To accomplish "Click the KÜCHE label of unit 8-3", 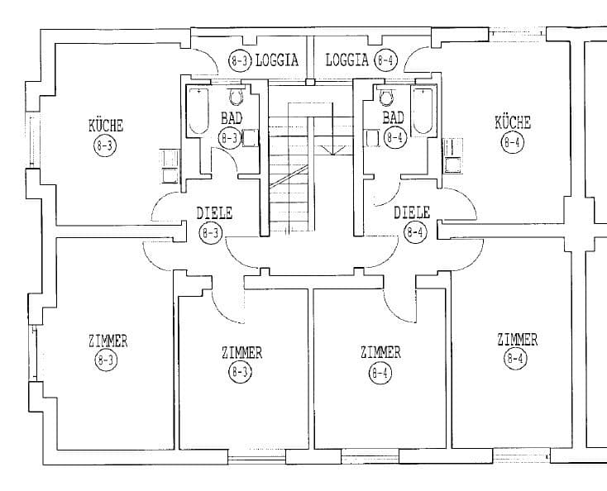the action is (106, 126).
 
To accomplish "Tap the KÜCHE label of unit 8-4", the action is (513, 122).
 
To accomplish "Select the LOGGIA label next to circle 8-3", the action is (277, 60).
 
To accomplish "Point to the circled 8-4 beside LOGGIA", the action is (385, 60).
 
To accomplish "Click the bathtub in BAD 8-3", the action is (198, 111).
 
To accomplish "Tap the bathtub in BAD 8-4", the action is (423, 111).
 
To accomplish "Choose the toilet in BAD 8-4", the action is (386, 97).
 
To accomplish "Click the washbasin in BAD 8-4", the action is (372, 138).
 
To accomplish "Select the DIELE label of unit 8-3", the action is (214, 213).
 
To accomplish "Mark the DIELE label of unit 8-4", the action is (412, 212).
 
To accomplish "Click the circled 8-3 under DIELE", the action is (211, 232).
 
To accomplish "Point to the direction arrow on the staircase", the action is (332, 149).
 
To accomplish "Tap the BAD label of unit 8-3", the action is (232, 117).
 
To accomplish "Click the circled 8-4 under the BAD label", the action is (394, 137).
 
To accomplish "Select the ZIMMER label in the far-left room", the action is (108, 341).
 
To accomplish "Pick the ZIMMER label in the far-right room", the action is (518, 340).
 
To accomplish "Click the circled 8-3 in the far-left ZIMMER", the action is (106, 360).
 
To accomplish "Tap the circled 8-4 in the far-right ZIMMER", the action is (515, 358).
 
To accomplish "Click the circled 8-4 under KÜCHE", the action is (513, 142).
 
